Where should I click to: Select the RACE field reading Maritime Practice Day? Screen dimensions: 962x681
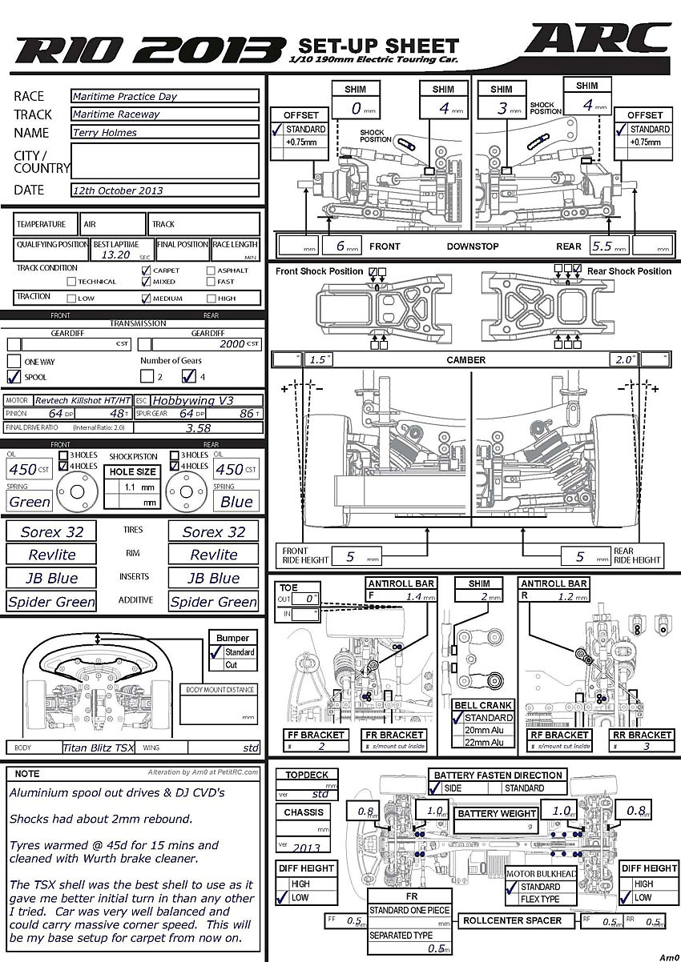(164, 96)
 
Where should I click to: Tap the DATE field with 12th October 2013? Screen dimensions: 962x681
(164, 190)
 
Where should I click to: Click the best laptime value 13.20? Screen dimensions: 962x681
(116, 255)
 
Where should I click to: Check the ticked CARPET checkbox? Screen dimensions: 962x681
(146, 271)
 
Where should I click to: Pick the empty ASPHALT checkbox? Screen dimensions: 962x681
(211, 271)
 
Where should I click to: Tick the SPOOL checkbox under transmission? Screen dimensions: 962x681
(14, 376)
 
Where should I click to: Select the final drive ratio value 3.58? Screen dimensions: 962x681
(198, 428)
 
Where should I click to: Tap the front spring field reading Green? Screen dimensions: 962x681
(30, 502)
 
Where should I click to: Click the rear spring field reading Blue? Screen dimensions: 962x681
(236, 502)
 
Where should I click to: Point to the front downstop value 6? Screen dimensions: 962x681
(340, 246)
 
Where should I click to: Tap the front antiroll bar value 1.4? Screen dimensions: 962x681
(414, 597)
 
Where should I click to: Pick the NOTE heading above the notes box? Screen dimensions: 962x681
(26, 774)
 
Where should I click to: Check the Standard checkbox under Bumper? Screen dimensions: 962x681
(215, 652)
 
